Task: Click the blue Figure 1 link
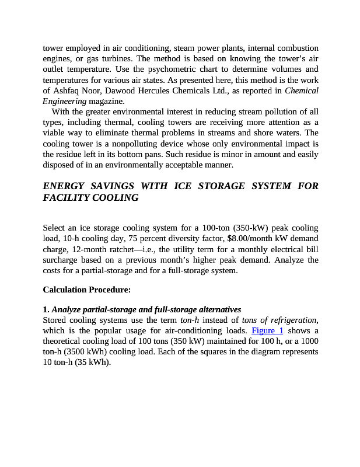(267, 330)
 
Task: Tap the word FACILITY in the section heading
(67, 197)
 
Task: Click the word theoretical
(64, 341)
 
